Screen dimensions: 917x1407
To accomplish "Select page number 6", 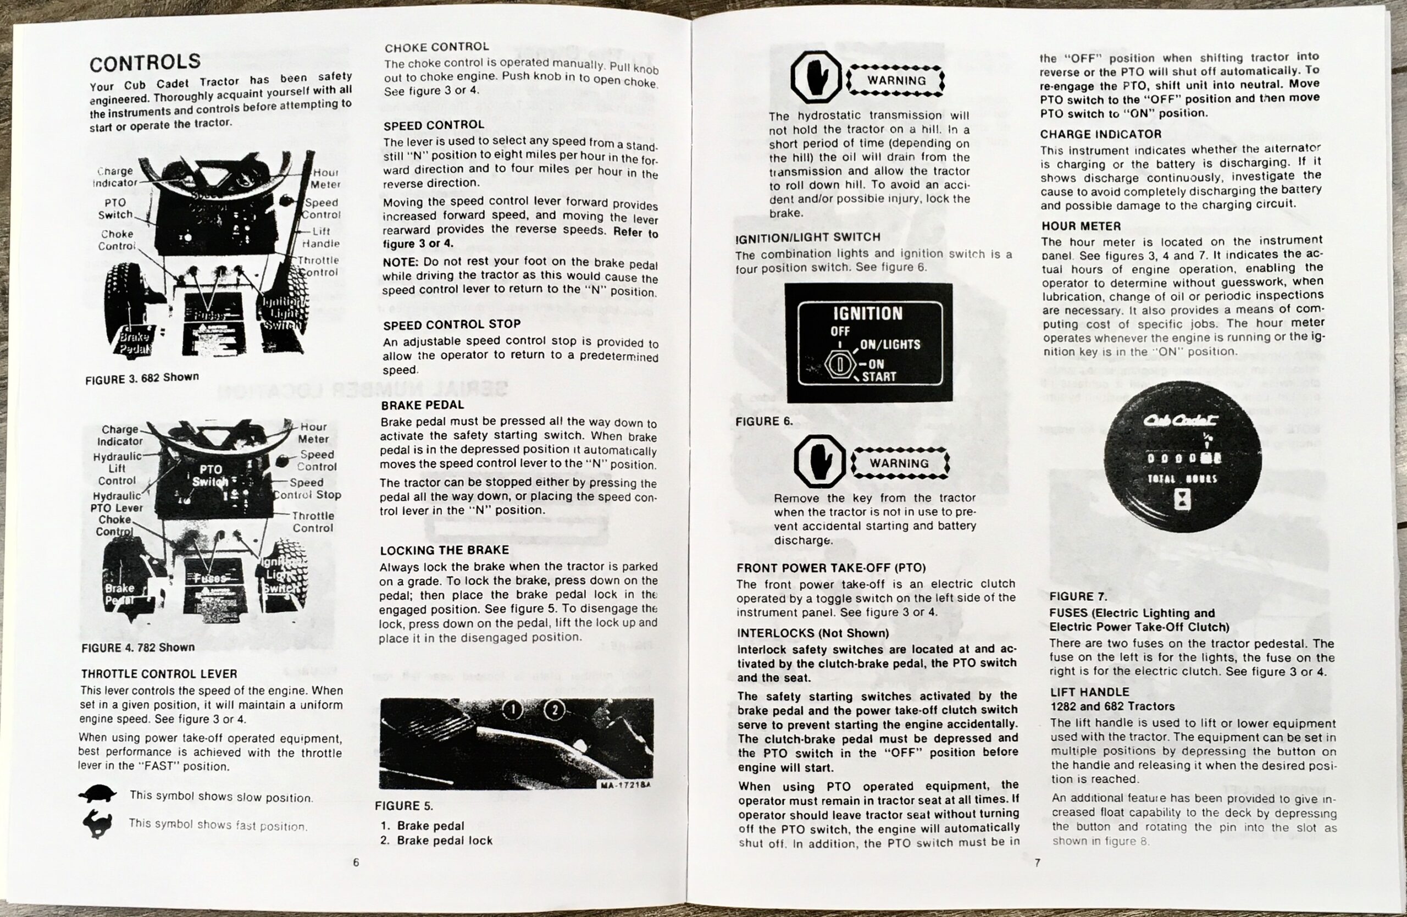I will [x=356, y=862].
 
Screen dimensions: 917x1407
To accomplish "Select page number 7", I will [x=1037, y=863].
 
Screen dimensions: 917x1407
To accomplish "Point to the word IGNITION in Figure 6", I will [x=867, y=313].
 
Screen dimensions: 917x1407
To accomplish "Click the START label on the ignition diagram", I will [x=878, y=377].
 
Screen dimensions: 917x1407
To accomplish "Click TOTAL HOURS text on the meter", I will [x=1182, y=479].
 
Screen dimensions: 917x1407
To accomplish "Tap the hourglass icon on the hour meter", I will [x=1182, y=501].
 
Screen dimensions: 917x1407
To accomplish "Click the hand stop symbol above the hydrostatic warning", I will [x=816, y=78].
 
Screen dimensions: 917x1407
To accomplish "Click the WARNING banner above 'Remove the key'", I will [x=900, y=463].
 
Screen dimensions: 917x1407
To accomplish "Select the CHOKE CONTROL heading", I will [x=436, y=47].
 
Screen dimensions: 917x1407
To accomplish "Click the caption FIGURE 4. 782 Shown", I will [x=138, y=648].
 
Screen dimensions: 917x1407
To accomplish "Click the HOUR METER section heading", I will [x=1081, y=226].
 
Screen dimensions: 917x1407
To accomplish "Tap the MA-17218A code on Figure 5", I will [x=625, y=785].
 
